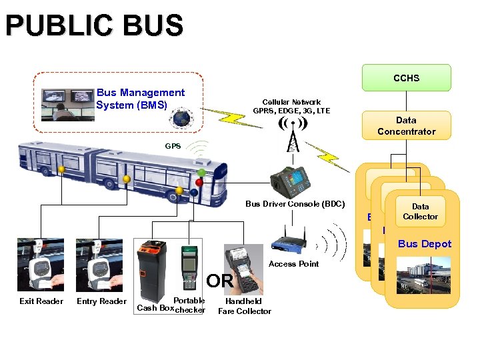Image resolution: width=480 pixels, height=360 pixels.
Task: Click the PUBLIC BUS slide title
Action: click(94, 26)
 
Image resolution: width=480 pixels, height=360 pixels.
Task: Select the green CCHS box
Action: click(406, 78)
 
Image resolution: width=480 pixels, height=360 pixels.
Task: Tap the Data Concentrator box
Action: click(406, 125)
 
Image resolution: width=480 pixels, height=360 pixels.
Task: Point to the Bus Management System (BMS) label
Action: click(140, 99)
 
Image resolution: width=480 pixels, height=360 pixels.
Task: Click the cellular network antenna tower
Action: click(293, 136)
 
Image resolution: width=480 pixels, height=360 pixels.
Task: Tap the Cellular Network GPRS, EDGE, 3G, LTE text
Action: click(291, 107)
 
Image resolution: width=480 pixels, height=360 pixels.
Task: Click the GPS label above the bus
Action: click(173, 145)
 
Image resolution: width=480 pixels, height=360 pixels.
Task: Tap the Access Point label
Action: click(293, 264)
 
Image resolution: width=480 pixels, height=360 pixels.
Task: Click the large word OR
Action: click(219, 281)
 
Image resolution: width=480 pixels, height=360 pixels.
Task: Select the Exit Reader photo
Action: click(41, 265)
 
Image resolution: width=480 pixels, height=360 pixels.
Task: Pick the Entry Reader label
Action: click(101, 302)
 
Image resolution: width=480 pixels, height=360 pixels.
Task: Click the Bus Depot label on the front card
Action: click(425, 244)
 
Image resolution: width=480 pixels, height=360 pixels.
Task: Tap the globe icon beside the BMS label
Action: click(179, 119)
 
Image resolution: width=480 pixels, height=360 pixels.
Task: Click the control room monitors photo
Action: click(67, 105)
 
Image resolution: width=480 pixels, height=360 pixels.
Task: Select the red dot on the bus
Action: click(199, 182)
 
